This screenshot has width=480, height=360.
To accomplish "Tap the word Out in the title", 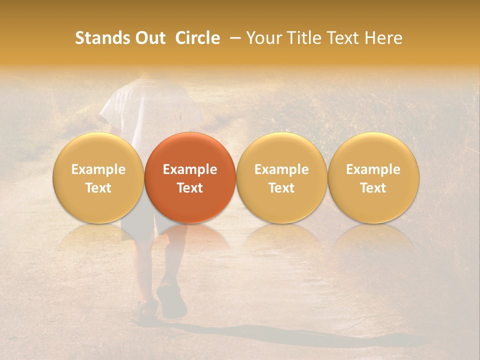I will click(149, 38).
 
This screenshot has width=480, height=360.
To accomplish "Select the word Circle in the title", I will click(197, 38).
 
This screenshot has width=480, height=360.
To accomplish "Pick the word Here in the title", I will click(385, 38).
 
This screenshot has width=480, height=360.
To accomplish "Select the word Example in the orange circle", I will click(190, 169).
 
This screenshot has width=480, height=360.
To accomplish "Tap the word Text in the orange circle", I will click(190, 188).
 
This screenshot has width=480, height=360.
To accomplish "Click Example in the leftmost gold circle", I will click(98, 169).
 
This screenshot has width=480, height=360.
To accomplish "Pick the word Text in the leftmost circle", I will click(98, 188).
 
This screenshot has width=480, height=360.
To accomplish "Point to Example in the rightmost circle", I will click(373, 169).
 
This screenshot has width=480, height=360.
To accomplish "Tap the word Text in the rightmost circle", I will click(373, 188).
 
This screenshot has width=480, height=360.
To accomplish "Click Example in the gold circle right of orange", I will click(281, 169).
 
